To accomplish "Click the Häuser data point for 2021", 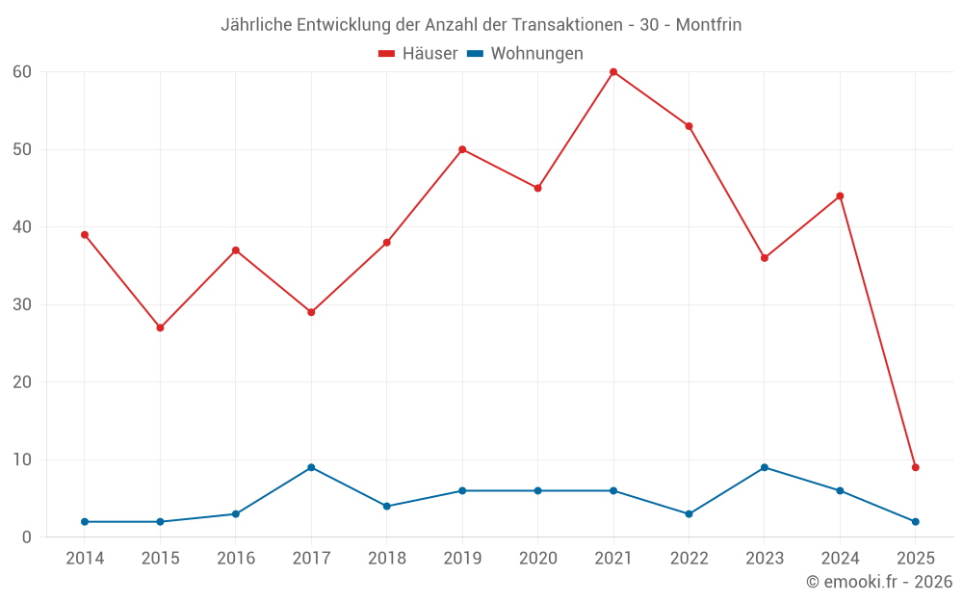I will pyautogui.click(x=613, y=72).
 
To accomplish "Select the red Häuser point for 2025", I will pyautogui.click(x=916, y=467).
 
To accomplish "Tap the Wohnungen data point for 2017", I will pyautogui.click(x=311, y=467).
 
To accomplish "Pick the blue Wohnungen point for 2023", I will pyautogui.click(x=765, y=467).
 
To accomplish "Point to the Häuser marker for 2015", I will pyautogui.click(x=160, y=327).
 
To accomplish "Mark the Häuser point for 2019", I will pyautogui.click(x=462, y=149).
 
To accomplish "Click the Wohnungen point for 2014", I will pyautogui.click(x=85, y=521).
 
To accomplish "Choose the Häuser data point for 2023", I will pyautogui.click(x=765, y=258).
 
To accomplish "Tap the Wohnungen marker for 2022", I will pyautogui.click(x=689, y=513).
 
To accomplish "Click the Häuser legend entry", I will pyautogui.click(x=418, y=54).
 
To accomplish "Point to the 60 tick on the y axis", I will pyautogui.click(x=22, y=72).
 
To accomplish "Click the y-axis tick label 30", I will pyautogui.click(x=22, y=304).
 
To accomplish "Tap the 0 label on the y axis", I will pyautogui.click(x=27, y=537).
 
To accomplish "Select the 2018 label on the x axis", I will pyautogui.click(x=387, y=558).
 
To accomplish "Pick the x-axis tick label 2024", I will pyautogui.click(x=840, y=558).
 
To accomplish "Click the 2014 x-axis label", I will pyautogui.click(x=85, y=558).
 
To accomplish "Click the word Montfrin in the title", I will pyautogui.click(x=708, y=25).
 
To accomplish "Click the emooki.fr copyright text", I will pyautogui.click(x=879, y=582).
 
